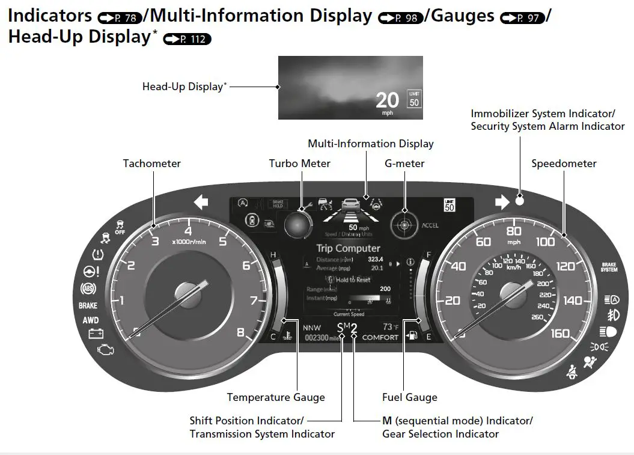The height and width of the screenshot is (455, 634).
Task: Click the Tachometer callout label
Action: [x=151, y=163]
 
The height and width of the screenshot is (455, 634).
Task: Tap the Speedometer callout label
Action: [x=564, y=163]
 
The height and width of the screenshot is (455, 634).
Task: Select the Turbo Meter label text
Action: [x=299, y=163]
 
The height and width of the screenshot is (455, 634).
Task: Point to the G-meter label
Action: [x=404, y=163]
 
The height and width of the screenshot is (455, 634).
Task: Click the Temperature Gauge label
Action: [x=276, y=397]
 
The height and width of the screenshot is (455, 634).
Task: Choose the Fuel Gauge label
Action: [x=409, y=397]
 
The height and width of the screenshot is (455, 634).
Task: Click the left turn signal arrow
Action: [x=201, y=202]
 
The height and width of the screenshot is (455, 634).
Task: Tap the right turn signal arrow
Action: [x=502, y=202]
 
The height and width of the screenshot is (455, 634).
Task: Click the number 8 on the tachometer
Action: [x=240, y=332]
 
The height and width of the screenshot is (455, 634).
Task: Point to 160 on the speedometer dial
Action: [x=560, y=333]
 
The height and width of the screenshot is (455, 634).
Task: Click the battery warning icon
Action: [x=96, y=333]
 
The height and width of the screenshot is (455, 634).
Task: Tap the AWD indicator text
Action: [x=91, y=320]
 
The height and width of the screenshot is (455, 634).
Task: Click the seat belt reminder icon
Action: [x=570, y=373]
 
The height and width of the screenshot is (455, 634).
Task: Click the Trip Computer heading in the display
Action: [x=348, y=248]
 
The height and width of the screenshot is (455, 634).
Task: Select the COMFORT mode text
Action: [x=380, y=337]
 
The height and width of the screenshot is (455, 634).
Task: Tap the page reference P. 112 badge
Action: [x=187, y=40]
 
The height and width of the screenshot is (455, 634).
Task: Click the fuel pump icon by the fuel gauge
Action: [x=412, y=335]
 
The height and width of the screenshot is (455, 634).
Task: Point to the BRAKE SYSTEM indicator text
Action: [x=609, y=267]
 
